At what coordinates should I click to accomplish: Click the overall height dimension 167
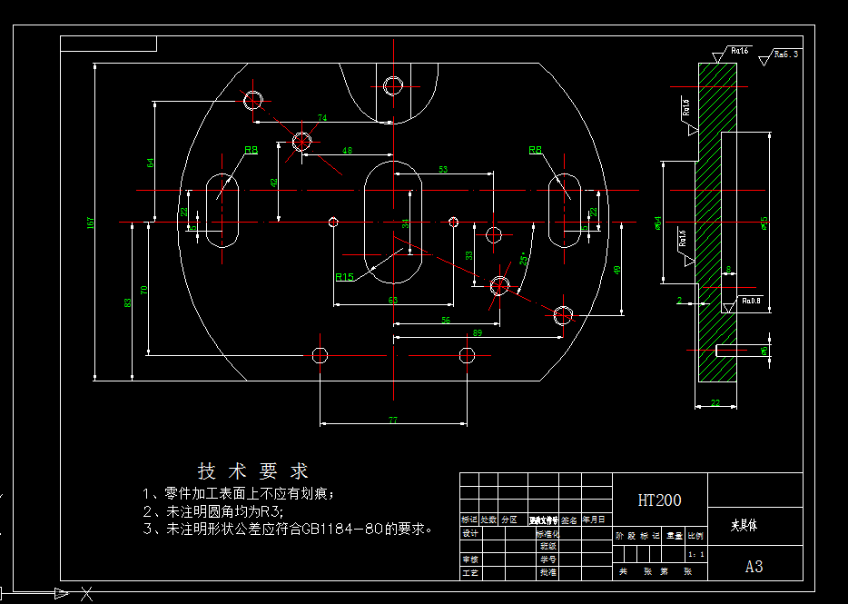point(90,222)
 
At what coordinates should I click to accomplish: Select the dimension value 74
point(321,118)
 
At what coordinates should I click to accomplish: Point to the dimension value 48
point(347,150)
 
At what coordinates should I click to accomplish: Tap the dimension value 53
point(443,170)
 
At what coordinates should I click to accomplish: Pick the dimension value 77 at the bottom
point(393,420)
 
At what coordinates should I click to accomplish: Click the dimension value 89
point(478,333)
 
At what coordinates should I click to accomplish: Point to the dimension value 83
point(128,302)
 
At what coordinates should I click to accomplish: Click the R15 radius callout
point(345,277)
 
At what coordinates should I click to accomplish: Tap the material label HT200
point(659,500)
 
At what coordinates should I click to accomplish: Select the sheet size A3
point(754,567)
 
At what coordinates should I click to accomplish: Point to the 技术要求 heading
point(253,471)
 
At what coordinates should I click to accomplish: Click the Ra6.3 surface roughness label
point(785,54)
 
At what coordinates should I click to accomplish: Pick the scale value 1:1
point(696,553)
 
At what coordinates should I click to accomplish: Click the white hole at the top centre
point(392,86)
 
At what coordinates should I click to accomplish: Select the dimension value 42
point(273,182)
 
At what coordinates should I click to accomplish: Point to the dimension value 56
point(445,320)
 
